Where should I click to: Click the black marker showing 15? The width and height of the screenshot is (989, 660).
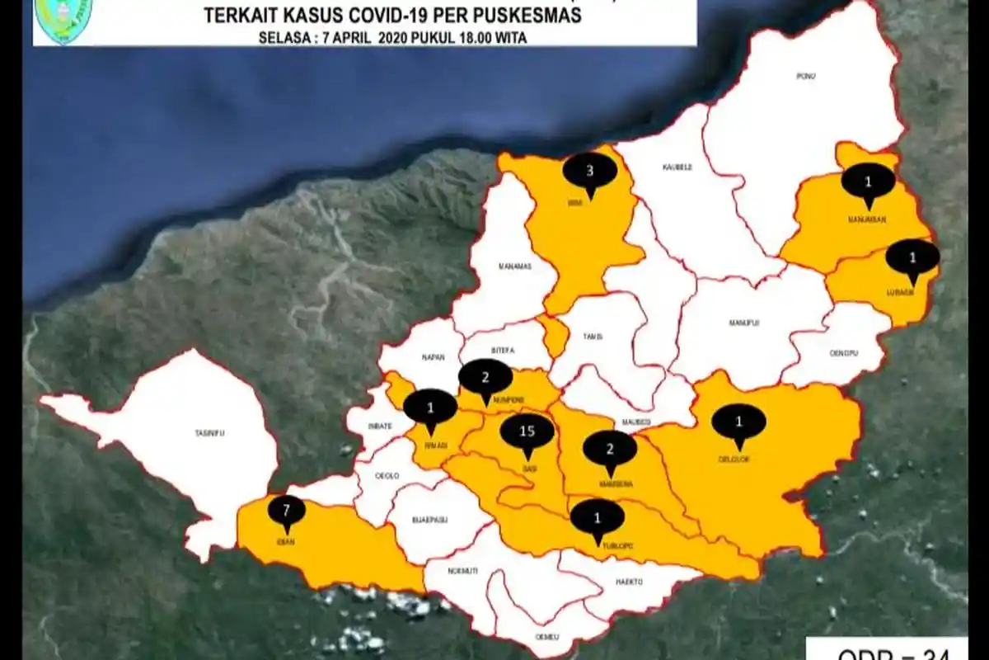pyautogui.click(x=527, y=431)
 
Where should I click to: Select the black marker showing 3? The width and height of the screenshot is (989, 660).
pyautogui.click(x=589, y=172)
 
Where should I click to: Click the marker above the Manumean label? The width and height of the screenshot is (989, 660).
pyautogui.click(x=868, y=181)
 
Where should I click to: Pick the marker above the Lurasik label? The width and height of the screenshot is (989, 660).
pyautogui.click(x=912, y=257)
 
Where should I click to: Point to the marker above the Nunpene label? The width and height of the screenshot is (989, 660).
pyautogui.click(x=485, y=377)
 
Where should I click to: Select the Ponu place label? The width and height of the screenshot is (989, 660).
pyautogui.click(x=805, y=77)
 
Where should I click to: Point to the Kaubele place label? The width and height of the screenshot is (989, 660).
pyautogui.click(x=677, y=167)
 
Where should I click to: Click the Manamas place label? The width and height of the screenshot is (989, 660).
pyautogui.click(x=516, y=266)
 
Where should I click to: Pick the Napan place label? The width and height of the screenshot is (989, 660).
pyautogui.click(x=434, y=357)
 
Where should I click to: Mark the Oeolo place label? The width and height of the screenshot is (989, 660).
pyautogui.click(x=387, y=476)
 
